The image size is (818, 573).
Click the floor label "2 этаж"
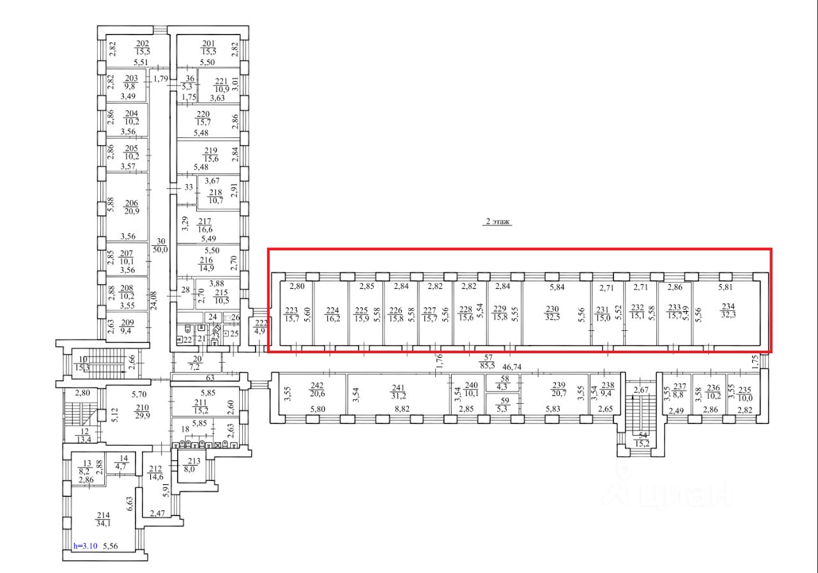tap(498, 222)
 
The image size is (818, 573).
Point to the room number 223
tap(291, 310)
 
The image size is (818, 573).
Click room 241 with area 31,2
tap(399, 392)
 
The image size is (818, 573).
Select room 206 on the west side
tap(133, 207)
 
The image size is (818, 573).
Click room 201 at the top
tap(209, 47)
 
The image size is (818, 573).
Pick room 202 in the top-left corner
tap(142, 47)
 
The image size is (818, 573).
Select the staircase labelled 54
tap(642, 440)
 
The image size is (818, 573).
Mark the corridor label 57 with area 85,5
tap(488, 362)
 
